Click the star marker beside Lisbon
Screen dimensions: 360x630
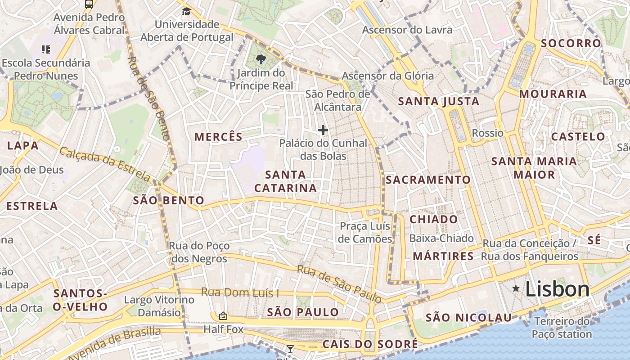[516, 288]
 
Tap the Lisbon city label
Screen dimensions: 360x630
[557, 289]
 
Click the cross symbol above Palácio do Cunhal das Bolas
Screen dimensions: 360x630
[323, 130]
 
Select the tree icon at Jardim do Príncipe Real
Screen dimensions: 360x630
[261, 59]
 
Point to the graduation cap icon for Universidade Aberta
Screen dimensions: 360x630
[186, 11]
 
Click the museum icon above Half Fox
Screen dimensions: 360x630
[223, 316]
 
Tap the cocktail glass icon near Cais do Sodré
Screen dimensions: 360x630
[290, 349]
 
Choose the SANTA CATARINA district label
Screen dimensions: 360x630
[285, 181]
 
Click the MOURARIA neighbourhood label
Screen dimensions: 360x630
[553, 94]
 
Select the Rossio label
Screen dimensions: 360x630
[487, 133]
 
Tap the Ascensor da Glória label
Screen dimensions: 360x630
[387, 76]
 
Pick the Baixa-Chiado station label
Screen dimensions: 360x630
[441, 238]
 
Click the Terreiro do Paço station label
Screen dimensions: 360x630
[561, 328]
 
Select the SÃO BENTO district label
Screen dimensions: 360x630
[168, 200]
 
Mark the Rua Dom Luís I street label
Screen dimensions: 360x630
[240, 292]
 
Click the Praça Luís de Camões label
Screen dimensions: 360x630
[365, 232]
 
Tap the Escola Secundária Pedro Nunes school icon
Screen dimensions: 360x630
[45, 49]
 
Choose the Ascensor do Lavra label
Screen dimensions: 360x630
[407, 30]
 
